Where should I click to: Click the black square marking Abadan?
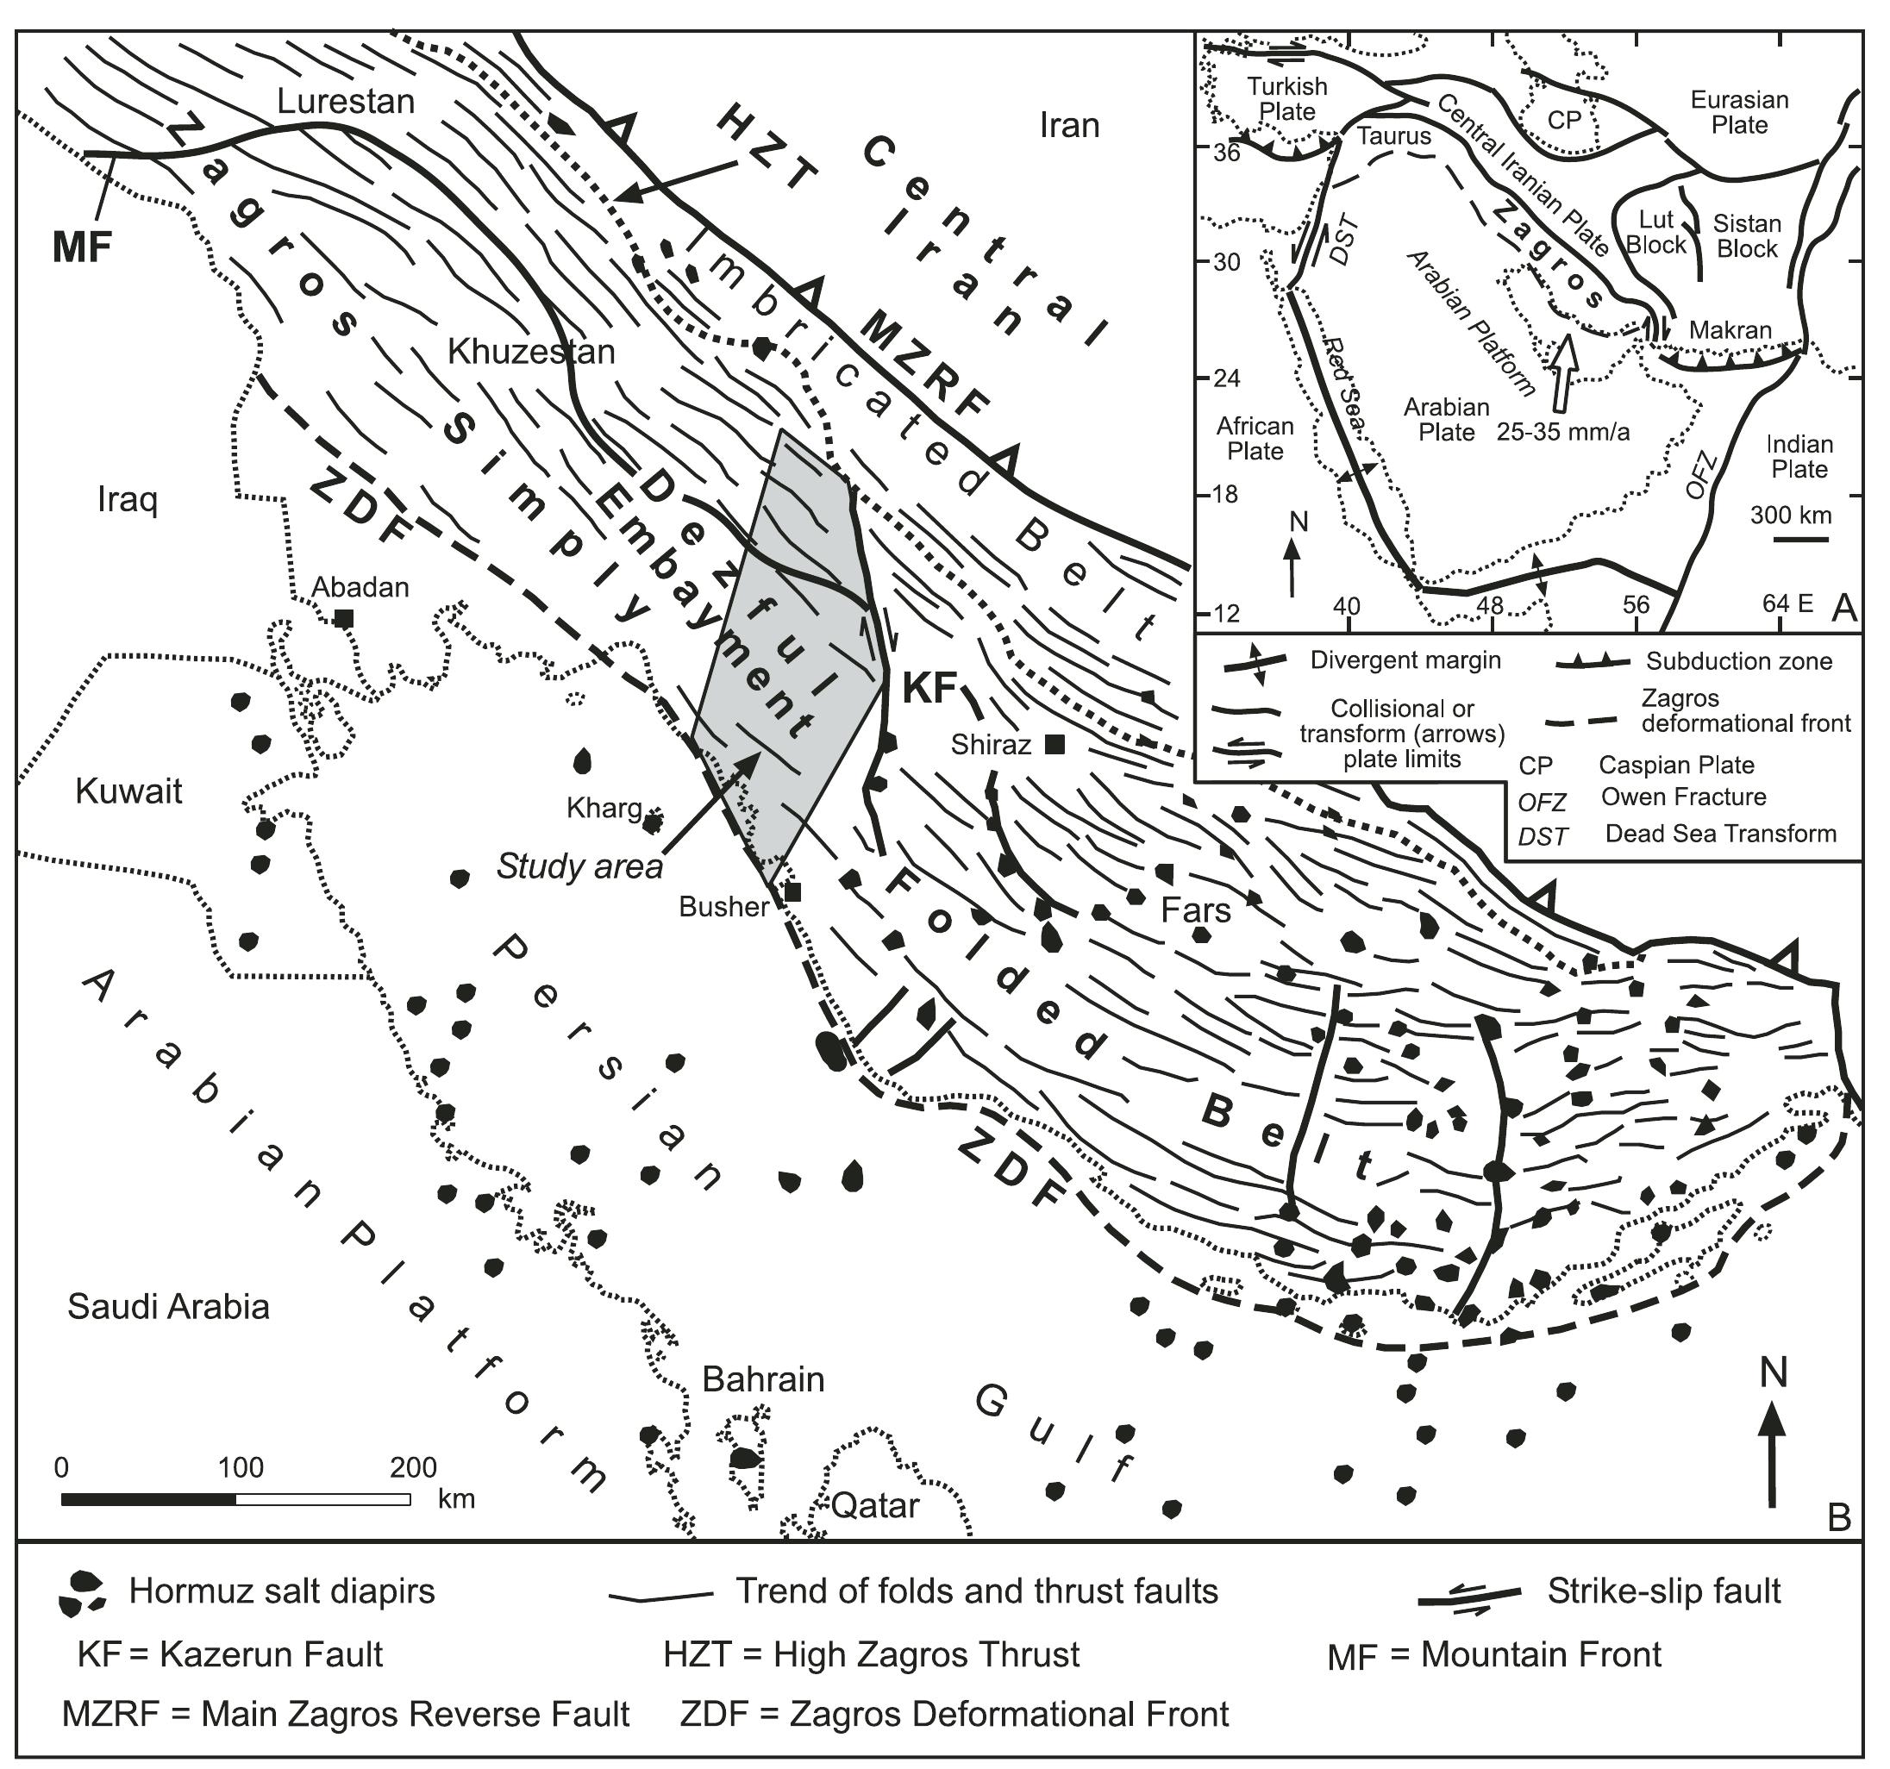[x=344, y=618]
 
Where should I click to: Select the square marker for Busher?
[x=792, y=891]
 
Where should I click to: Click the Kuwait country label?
[x=128, y=791]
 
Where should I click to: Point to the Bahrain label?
[x=762, y=1378]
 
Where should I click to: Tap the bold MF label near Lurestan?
[x=82, y=247]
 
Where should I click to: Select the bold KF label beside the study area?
[x=928, y=686]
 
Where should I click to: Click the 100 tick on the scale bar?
[x=241, y=1467]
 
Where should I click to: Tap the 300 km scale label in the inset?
[x=1790, y=516]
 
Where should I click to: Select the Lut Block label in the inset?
[x=1655, y=232]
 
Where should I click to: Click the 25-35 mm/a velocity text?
[x=1563, y=433]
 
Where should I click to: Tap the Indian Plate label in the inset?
[x=1799, y=456]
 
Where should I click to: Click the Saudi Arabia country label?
[x=168, y=1306]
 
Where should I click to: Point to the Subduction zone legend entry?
[x=1739, y=660]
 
